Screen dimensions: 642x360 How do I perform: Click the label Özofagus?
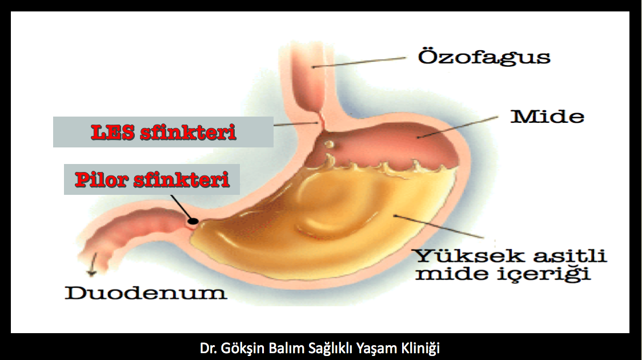(x=484, y=57)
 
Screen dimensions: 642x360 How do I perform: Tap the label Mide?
(x=547, y=117)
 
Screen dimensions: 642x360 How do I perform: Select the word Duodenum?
(x=146, y=293)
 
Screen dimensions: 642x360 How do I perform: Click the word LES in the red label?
(x=113, y=133)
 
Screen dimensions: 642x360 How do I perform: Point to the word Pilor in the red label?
(x=101, y=179)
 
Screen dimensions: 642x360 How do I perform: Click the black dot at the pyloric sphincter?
(x=193, y=222)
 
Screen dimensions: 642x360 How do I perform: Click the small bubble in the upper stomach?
(x=329, y=144)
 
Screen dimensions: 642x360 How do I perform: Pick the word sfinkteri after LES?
(x=188, y=133)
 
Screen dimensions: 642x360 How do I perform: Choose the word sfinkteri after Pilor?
(x=181, y=179)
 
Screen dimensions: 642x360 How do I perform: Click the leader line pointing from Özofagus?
(x=359, y=62)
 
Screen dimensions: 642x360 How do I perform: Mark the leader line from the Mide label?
(x=458, y=127)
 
